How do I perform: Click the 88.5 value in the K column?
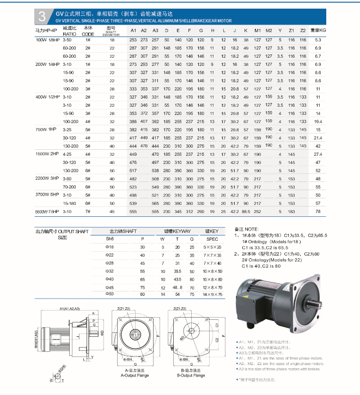click(246, 211)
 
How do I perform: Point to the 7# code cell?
click(88, 211)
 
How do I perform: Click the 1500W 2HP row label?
click(46, 155)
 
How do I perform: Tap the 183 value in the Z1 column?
click(291, 211)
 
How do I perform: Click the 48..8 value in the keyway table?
click(177, 286)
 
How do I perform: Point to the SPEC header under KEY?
click(212, 239)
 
